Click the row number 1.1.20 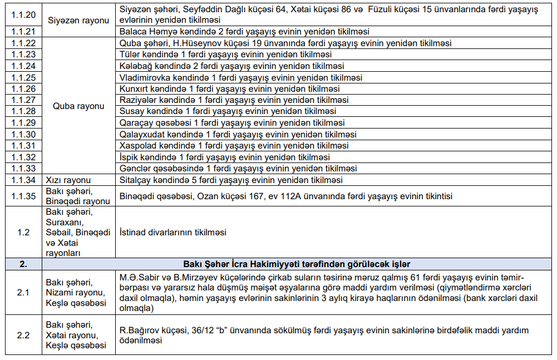tap(23, 14)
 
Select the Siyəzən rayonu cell tap(78, 20)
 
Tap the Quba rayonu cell tap(78, 106)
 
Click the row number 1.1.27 tap(23, 100)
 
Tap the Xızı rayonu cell tap(68, 180)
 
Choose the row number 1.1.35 tap(23, 196)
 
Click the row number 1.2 tap(23, 233)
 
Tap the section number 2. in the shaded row tap(23, 264)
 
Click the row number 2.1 tap(23, 292)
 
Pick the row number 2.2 tap(23, 335)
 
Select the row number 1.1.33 tap(23, 169)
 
